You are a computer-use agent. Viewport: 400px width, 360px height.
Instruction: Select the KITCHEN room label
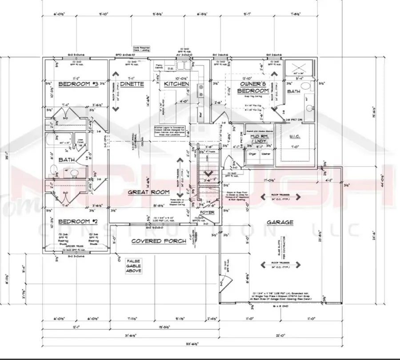pyautogui.click(x=176, y=84)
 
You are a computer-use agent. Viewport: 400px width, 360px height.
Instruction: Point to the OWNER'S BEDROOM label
pyautogui.click(x=253, y=87)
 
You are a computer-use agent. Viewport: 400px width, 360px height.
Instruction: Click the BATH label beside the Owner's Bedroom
pyautogui.click(x=294, y=91)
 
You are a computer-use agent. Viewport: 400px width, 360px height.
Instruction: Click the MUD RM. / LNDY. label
pyautogui.click(x=259, y=141)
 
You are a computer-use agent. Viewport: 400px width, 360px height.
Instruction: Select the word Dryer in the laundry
pyautogui.click(x=252, y=154)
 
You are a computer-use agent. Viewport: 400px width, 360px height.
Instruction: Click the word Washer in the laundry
pyautogui.click(x=266, y=154)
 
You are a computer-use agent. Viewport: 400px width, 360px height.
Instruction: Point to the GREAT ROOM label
pyautogui.click(x=149, y=192)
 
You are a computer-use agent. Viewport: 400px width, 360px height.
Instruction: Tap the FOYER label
pyautogui.click(x=207, y=212)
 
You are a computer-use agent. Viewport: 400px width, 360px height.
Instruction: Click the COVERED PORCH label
pyautogui.click(x=152, y=241)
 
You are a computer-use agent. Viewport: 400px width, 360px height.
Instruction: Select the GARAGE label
pyautogui.click(x=280, y=222)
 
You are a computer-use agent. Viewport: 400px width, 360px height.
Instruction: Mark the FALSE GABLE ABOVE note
pyautogui.click(x=133, y=266)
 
